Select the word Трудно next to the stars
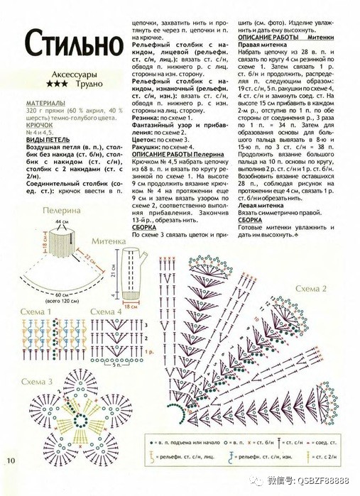click(87, 84)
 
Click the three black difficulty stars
click(58, 84)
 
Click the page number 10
click(11, 461)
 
